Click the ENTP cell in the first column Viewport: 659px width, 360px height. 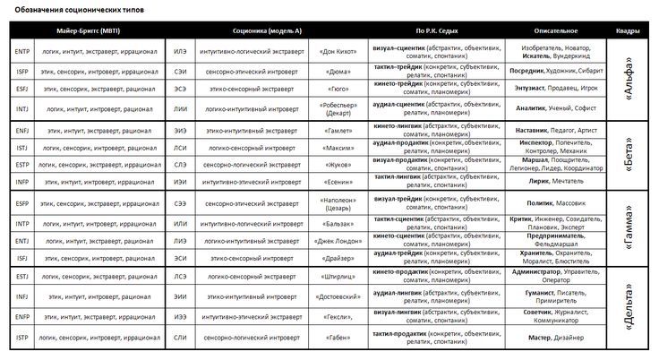(x=22, y=51)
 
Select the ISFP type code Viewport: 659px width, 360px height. (x=22, y=70)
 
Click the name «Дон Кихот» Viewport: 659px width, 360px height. (x=336, y=51)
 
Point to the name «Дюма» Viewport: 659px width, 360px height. (x=336, y=70)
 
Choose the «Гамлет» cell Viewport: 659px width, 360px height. (x=336, y=131)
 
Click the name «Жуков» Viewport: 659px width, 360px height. (x=336, y=166)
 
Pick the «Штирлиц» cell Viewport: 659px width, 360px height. (x=336, y=279)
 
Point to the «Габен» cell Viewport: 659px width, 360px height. (x=336, y=337)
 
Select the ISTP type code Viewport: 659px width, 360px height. (x=22, y=337)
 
